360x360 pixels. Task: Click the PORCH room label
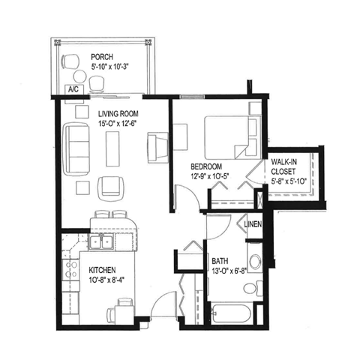(101, 57)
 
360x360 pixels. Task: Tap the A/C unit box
(74, 90)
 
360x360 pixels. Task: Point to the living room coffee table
(113, 147)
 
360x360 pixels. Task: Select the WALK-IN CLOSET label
(286, 165)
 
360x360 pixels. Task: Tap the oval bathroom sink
(255, 262)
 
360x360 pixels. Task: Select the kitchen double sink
(100, 242)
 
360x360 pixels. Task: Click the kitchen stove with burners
(73, 268)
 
